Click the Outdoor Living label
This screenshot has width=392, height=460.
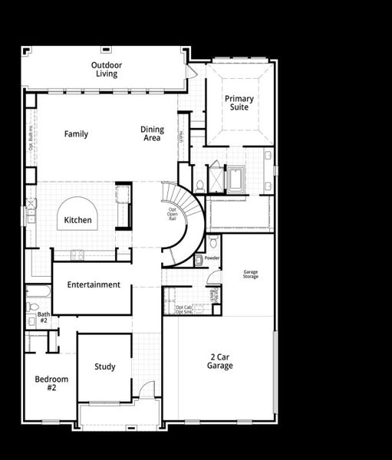pyautogui.click(x=107, y=70)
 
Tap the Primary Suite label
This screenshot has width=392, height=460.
pyautogui.click(x=239, y=103)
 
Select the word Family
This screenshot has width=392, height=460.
pyautogui.click(x=76, y=134)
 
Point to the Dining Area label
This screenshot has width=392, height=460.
pyautogui.click(x=152, y=134)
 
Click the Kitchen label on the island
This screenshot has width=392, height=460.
pyautogui.click(x=77, y=221)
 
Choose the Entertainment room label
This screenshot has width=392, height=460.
pyautogui.click(x=94, y=285)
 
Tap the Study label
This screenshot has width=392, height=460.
pyautogui.click(x=105, y=367)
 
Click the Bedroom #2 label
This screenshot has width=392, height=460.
pyautogui.click(x=51, y=383)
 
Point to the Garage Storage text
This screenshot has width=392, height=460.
pyautogui.click(x=251, y=274)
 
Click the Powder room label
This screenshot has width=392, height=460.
pyautogui.click(x=212, y=258)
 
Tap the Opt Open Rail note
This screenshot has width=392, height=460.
pyautogui.click(x=173, y=212)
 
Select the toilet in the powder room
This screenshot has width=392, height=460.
pyautogui.click(x=212, y=244)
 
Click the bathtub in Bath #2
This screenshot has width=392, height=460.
pyautogui.click(x=38, y=292)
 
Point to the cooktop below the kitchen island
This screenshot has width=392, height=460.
pyautogui.click(x=77, y=254)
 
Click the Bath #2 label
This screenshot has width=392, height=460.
pyautogui.click(x=44, y=317)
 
